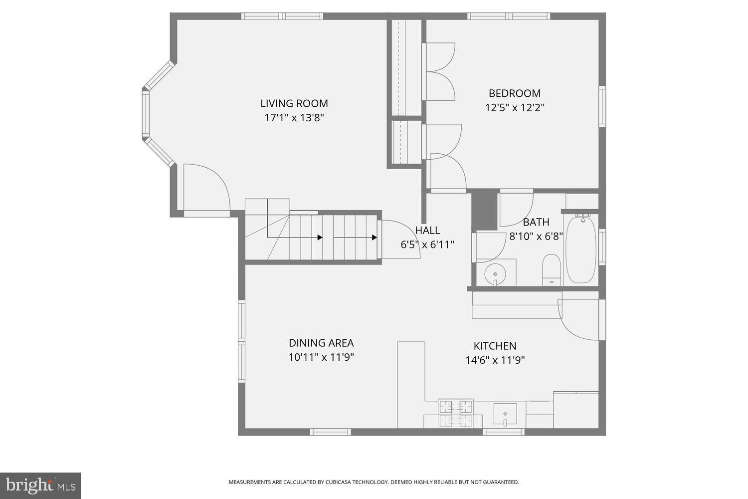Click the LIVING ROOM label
[294, 103]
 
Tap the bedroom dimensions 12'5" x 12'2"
[515, 107]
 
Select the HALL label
[427, 230]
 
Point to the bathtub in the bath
[580, 249]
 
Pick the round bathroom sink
[495, 274]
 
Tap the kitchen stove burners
[455, 413]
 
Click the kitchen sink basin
[505, 414]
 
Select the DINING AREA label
[321, 343]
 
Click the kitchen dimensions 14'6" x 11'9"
[495, 360]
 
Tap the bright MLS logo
[40, 486]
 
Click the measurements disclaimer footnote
[374, 482]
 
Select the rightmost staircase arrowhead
[374, 238]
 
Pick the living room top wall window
[282, 16]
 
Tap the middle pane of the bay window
[146, 114]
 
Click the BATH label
[536, 222]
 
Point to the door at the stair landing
[399, 240]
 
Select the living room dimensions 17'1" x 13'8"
[294, 118]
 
